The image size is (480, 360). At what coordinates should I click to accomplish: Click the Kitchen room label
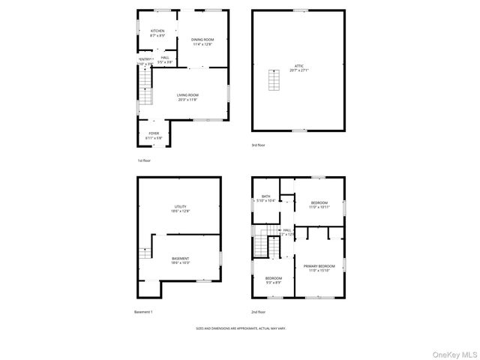(157, 31)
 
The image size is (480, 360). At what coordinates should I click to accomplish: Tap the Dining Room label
(202, 40)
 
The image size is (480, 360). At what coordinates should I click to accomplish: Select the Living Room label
(187, 95)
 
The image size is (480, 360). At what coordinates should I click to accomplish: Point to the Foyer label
(154, 133)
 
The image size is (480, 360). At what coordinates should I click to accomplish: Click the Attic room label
(299, 66)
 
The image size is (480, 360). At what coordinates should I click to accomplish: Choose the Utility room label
(181, 206)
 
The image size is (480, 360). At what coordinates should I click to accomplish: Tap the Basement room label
(180, 259)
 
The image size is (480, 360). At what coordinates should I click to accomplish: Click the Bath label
(266, 196)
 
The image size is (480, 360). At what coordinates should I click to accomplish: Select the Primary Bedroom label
(319, 266)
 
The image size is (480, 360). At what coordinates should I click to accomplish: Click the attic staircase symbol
(274, 78)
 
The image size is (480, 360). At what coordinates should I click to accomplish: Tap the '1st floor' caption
(144, 160)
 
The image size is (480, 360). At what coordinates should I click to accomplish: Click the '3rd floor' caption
(258, 145)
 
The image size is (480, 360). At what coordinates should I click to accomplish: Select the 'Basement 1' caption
(143, 311)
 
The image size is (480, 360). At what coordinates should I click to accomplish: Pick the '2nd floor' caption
(259, 311)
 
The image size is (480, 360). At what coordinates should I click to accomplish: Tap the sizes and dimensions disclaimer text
(240, 328)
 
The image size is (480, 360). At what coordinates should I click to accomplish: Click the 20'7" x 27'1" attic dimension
(299, 70)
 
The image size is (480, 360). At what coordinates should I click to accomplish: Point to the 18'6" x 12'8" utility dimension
(181, 211)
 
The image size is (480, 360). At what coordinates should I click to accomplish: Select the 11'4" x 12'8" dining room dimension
(202, 44)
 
